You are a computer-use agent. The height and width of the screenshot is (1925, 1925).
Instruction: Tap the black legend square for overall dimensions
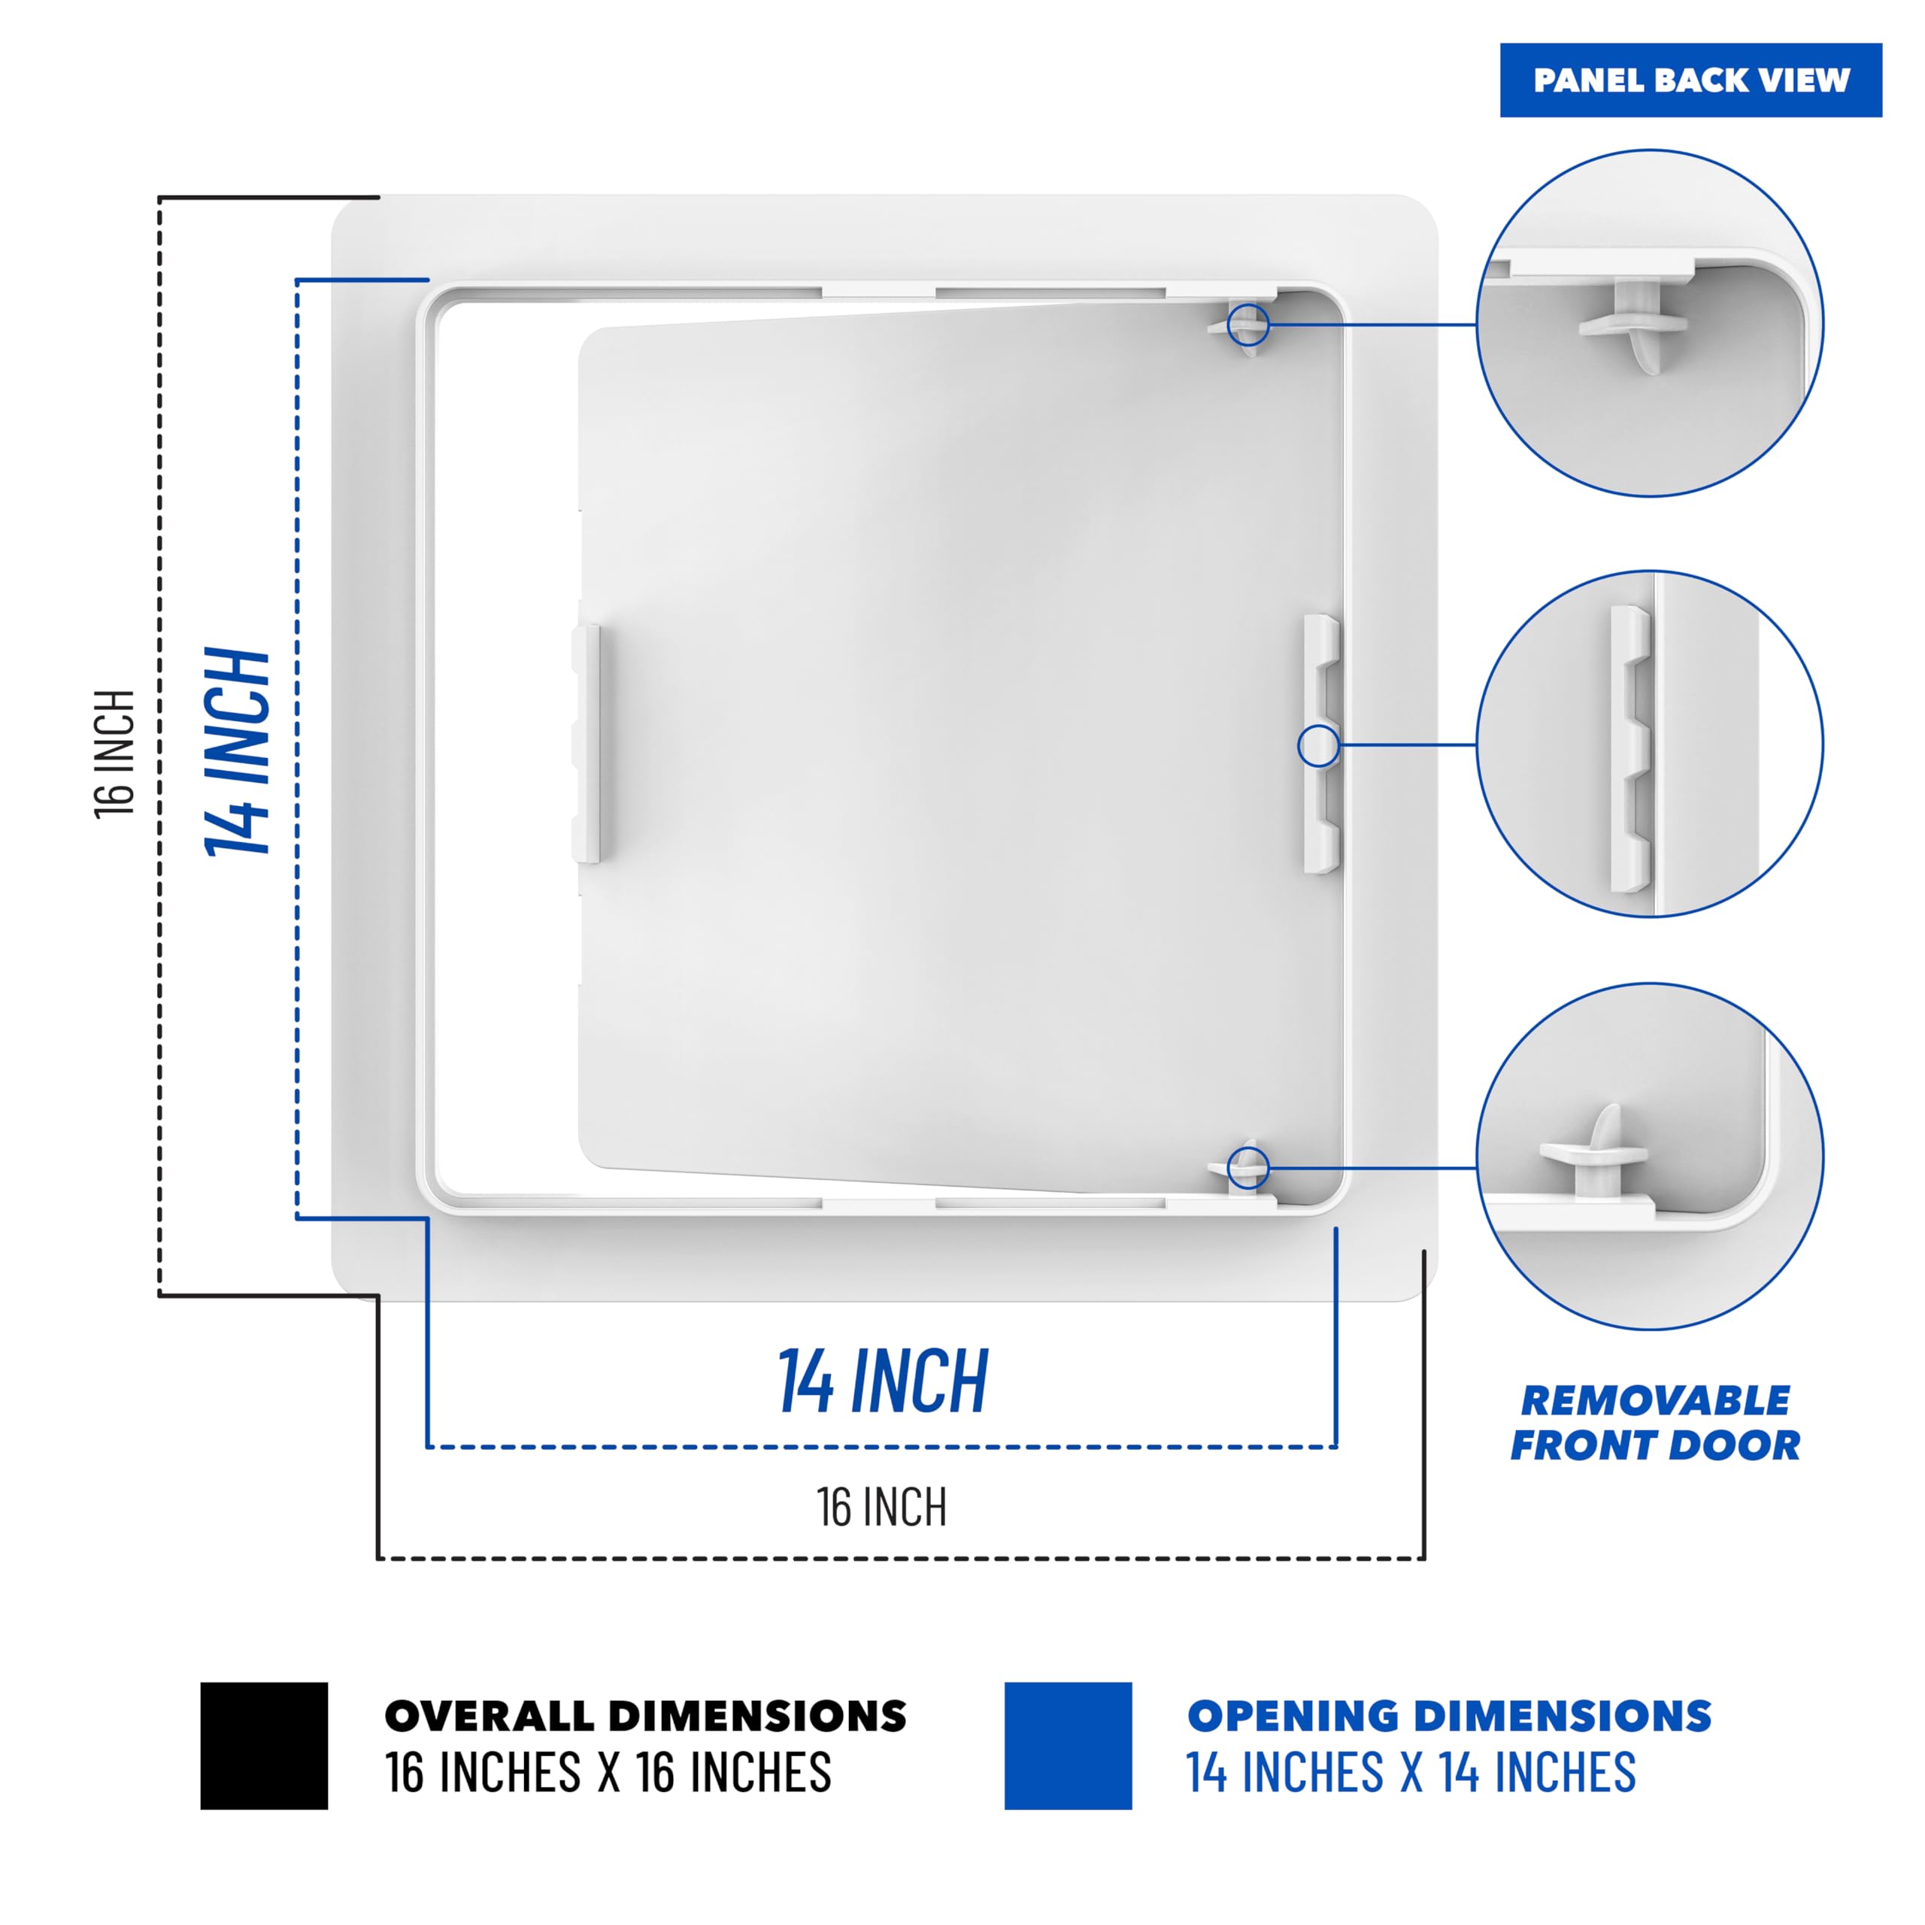[264, 1745]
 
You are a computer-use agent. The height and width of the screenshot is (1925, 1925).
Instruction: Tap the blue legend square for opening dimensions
[1067, 1745]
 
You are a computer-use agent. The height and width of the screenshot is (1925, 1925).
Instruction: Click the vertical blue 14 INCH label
[237, 752]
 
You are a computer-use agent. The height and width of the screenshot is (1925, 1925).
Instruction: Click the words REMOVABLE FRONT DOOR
[1655, 1423]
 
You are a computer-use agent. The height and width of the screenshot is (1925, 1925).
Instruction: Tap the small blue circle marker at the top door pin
[1247, 325]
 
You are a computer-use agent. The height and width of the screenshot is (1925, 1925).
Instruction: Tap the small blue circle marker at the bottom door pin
[1247, 1168]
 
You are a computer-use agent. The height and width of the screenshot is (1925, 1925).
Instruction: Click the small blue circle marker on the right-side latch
[1318, 745]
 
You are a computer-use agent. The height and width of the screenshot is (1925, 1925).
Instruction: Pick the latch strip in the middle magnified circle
[1630, 747]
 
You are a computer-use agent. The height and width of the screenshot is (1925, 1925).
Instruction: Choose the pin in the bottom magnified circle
[1594, 1156]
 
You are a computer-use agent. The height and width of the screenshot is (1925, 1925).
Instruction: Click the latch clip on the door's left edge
[586, 743]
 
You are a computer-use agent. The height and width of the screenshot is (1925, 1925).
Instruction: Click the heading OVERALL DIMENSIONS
[644, 1716]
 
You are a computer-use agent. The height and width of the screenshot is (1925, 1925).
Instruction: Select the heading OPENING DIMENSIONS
[1449, 1716]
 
